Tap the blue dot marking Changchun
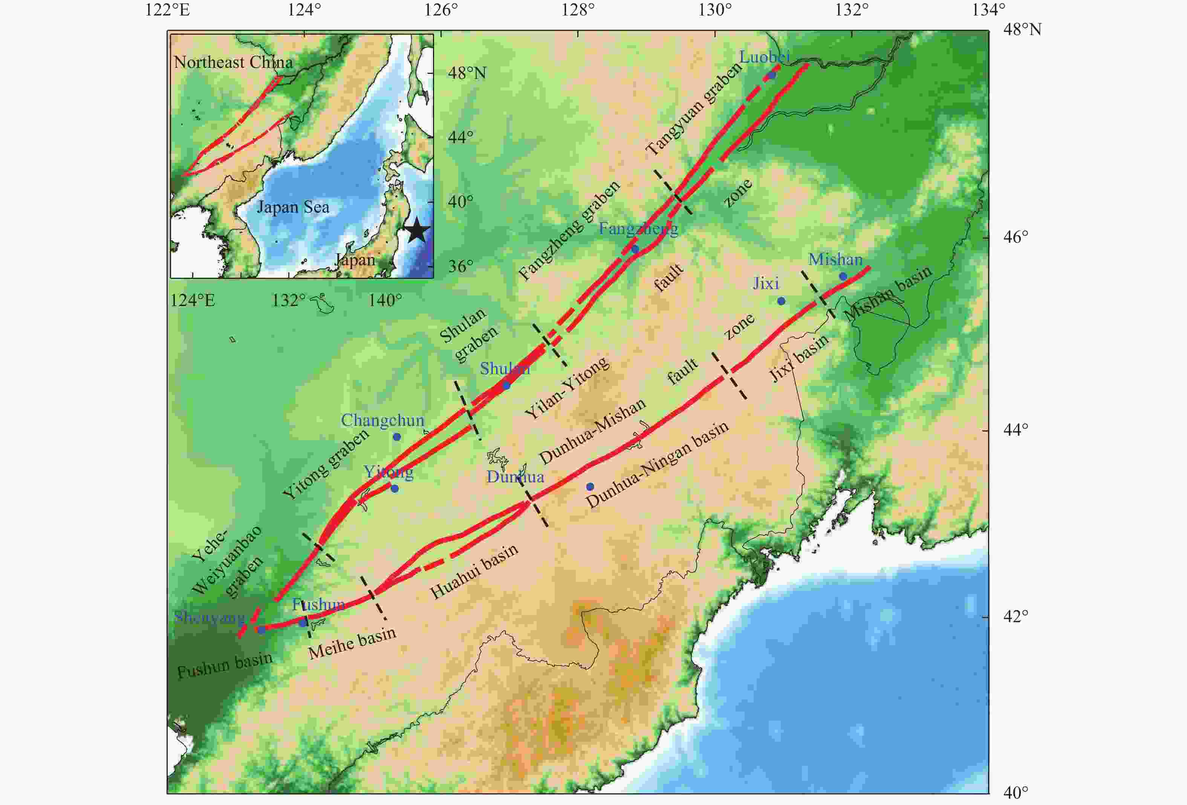pyautogui.click(x=397, y=437)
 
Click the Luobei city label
pyautogui.click(x=765, y=57)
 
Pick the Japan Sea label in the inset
pyautogui.click(x=293, y=207)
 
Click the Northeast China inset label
pyautogui.click(x=233, y=62)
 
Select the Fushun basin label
pyautogui.click(x=225, y=666)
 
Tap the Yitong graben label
pyautogui.click(x=325, y=464)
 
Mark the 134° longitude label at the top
pyautogui.click(x=988, y=10)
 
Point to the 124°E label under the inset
pyautogui.click(x=193, y=300)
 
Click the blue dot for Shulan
pyautogui.click(x=506, y=386)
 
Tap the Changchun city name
pyautogui.click(x=382, y=420)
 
